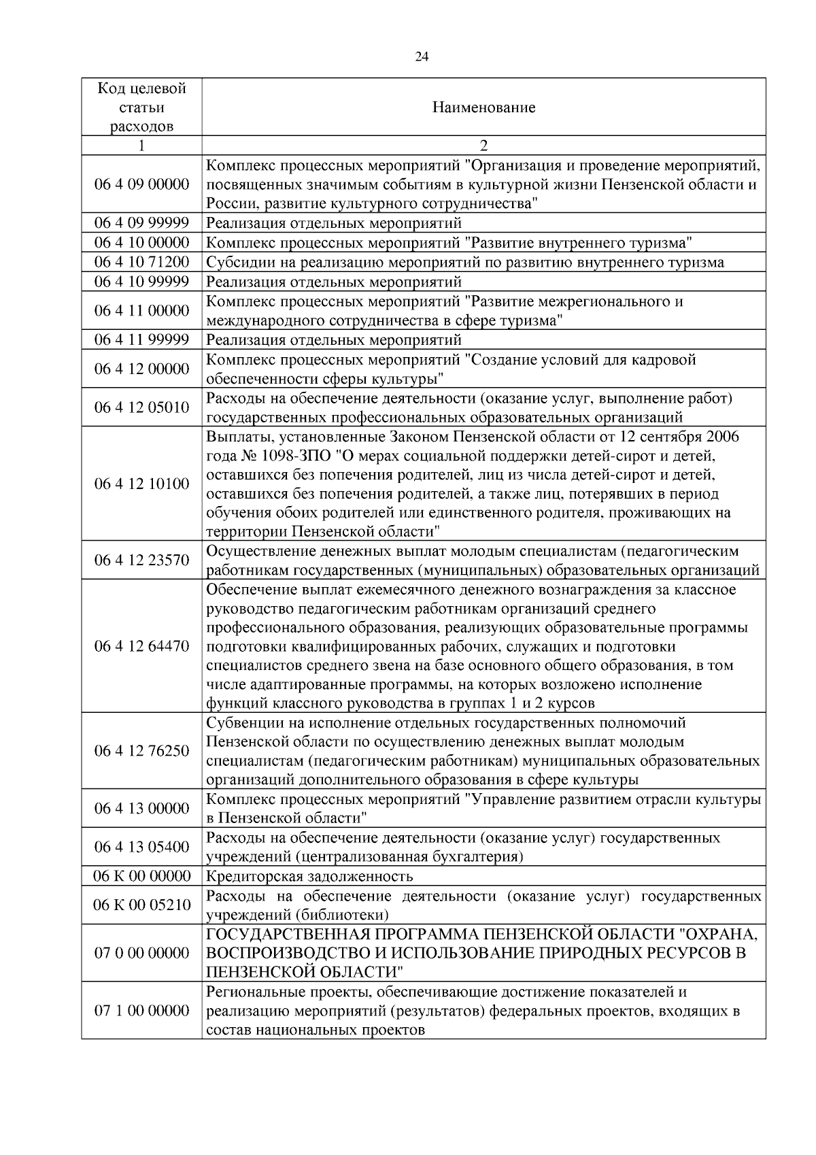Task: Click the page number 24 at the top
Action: [x=422, y=57]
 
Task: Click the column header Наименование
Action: [x=483, y=107]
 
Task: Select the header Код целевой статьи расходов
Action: [x=141, y=107]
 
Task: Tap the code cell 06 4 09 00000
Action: [x=141, y=184]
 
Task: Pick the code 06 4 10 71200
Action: [x=141, y=263]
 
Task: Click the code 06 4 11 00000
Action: [x=141, y=311]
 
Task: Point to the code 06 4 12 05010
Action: [x=141, y=407]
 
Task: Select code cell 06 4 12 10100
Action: [x=141, y=484]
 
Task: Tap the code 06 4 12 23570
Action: [x=141, y=560]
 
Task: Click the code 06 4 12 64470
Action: [x=141, y=646]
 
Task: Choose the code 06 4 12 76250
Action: [x=141, y=751]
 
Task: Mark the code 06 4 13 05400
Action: [x=141, y=847]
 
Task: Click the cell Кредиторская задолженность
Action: [x=309, y=876]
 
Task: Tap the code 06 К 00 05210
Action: [x=141, y=905]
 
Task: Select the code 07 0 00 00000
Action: [x=141, y=952]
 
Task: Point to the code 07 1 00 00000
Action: [x=141, y=1010]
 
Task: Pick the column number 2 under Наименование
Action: [x=483, y=146]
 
